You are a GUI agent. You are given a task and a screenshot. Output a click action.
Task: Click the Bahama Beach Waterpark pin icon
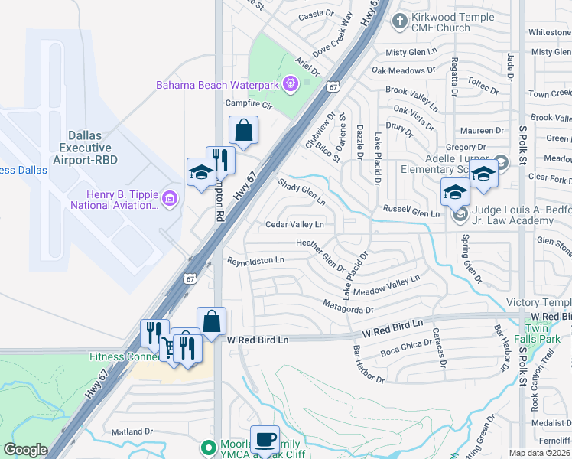coord(290,83)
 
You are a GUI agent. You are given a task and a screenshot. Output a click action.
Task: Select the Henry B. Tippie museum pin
coord(169,200)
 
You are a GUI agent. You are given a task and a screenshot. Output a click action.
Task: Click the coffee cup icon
coord(265,439)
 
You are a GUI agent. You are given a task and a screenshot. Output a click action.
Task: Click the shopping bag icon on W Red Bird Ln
coord(212,321)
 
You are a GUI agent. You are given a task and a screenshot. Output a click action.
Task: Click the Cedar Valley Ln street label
coord(294,225)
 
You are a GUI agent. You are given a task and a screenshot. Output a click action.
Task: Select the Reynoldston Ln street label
coord(255,261)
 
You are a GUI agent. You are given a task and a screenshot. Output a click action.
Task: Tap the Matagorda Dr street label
coord(347,310)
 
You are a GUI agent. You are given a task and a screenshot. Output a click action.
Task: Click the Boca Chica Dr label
coord(405,350)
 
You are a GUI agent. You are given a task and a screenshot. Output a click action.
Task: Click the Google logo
coord(26,450)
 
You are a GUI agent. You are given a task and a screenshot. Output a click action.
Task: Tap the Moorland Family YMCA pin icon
coord(206,445)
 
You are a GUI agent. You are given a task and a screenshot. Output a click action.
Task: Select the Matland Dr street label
coord(132,432)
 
